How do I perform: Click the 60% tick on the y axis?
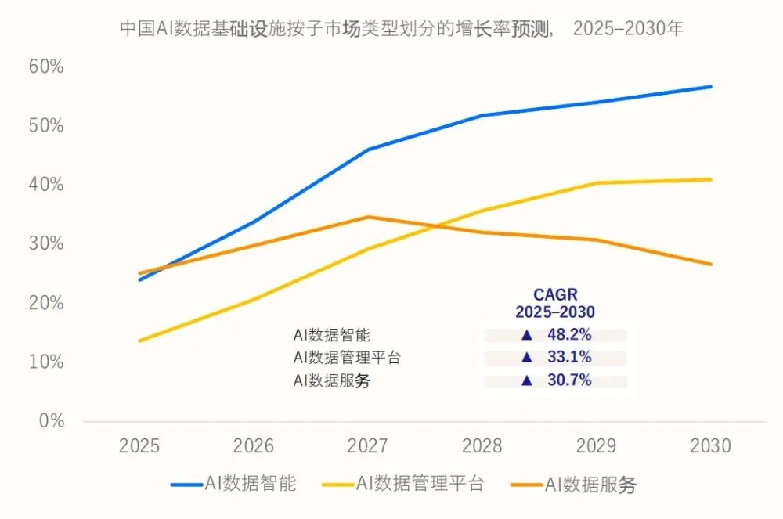pyautogui.click(x=46, y=67)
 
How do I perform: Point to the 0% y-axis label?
pyautogui.click(x=52, y=420)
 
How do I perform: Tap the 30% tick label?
pyautogui.click(x=46, y=243)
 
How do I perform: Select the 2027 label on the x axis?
pyautogui.click(x=367, y=445)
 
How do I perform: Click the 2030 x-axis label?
pyautogui.click(x=711, y=445)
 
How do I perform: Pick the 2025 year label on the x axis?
pyautogui.click(x=139, y=445)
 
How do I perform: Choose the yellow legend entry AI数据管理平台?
pyautogui.click(x=403, y=484)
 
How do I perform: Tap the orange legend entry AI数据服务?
pyautogui.click(x=574, y=484)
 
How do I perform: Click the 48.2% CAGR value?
pyautogui.click(x=569, y=334)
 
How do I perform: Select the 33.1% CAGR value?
pyautogui.click(x=569, y=357)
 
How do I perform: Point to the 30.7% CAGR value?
pyautogui.click(x=569, y=380)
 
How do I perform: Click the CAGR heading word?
pyautogui.click(x=555, y=294)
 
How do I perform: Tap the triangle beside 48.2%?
pyautogui.click(x=527, y=335)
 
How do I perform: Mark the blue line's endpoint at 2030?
pyautogui.click(x=711, y=87)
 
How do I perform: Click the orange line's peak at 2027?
pyautogui.click(x=368, y=217)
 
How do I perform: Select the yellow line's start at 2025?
pyautogui.click(x=140, y=341)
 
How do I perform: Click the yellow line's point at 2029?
pyautogui.click(x=596, y=183)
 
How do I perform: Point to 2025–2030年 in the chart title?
pyautogui.click(x=628, y=28)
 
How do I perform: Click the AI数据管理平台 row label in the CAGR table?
pyautogui.click(x=347, y=358)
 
